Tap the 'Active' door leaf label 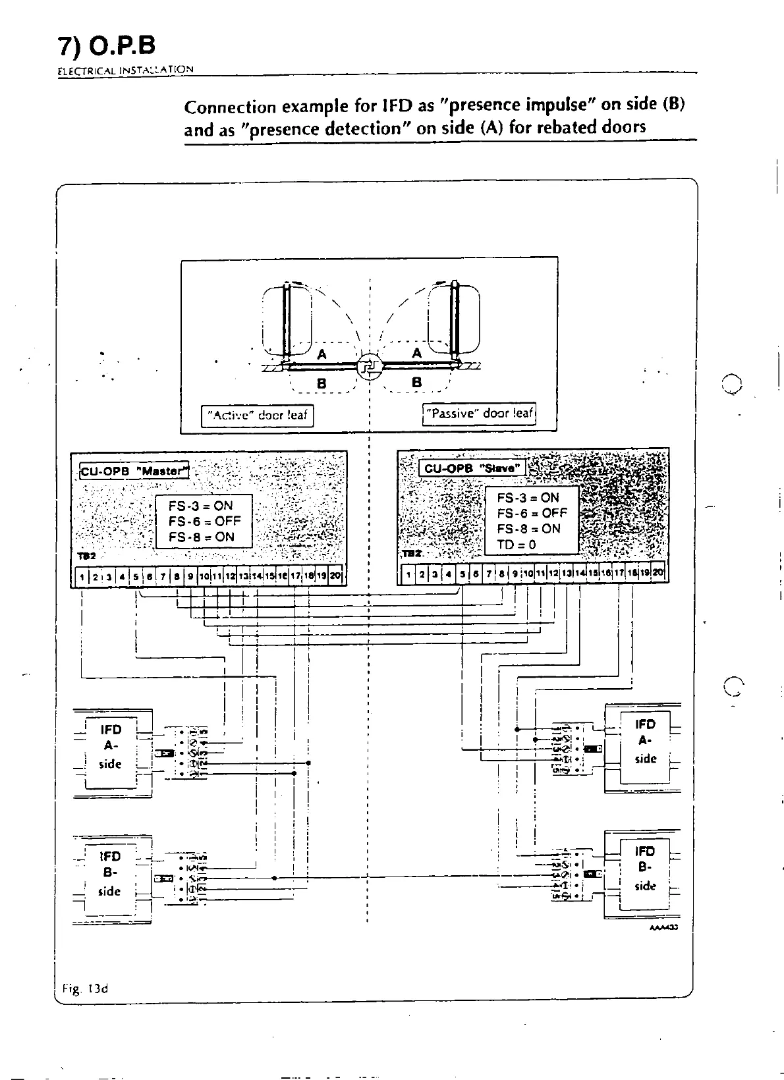click(x=257, y=416)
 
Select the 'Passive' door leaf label click(x=479, y=414)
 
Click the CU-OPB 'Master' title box click(x=134, y=470)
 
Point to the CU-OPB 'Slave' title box click(x=472, y=468)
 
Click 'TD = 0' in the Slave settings click(x=517, y=545)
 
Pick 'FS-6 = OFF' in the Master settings click(x=204, y=522)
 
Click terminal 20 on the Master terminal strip click(x=335, y=576)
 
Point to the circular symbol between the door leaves click(x=368, y=367)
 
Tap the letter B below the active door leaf click(x=322, y=382)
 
